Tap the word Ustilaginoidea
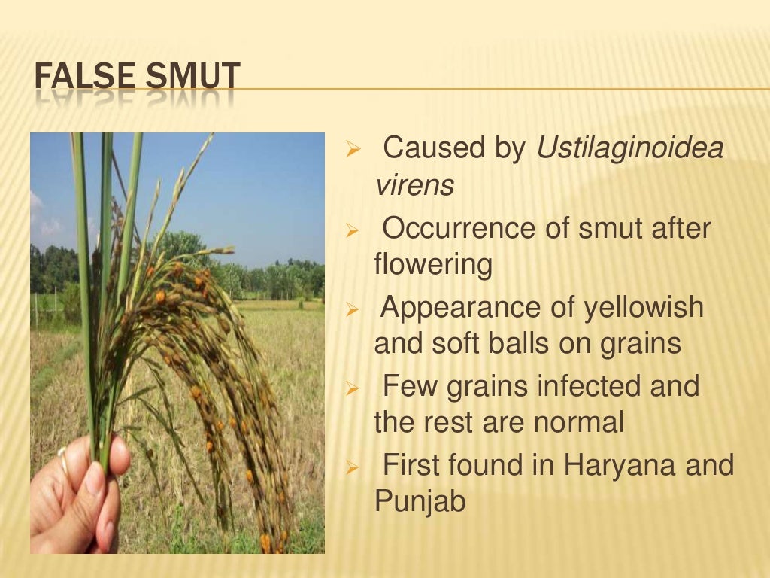[x=630, y=148]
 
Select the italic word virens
[x=414, y=185]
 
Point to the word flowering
[x=433, y=265]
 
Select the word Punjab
[x=420, y=502]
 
